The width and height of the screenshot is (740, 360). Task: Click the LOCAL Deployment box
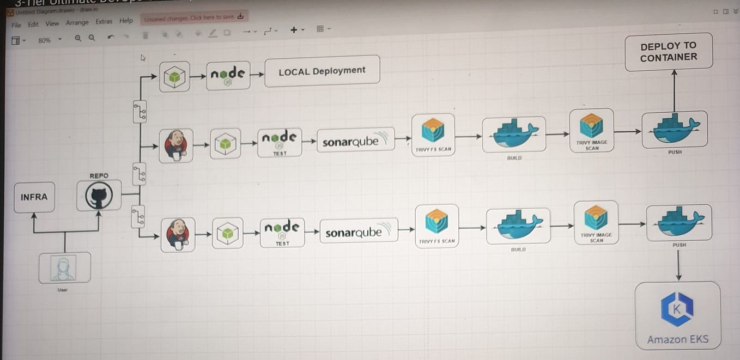tap(322, 71)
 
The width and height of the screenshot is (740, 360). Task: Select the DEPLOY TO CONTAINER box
tap(669, 52)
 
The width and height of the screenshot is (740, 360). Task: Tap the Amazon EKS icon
tap(677, 310)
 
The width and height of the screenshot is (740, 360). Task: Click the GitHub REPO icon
tap(99, 196)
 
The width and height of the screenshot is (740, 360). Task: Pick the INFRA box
tap(34, 197)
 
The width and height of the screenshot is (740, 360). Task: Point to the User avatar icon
tap(65, 268)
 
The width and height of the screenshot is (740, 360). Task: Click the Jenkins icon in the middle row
tap(176, 145)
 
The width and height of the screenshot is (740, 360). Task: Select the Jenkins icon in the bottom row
tap(178, 234)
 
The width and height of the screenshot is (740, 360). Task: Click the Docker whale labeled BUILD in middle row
tap(513, 134)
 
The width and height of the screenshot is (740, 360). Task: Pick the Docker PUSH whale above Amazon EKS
tap(679, 222)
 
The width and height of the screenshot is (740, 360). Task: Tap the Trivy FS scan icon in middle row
tap(433, 130)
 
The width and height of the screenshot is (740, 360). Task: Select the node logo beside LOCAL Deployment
tap(228, 75)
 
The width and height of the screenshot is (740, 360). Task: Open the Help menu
tap(126, 21)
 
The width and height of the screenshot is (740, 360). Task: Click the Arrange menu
tap(77, 23)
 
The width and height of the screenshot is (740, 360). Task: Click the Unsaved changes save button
tap(193, 18)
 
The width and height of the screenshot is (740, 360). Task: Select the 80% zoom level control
tap(48, 40)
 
